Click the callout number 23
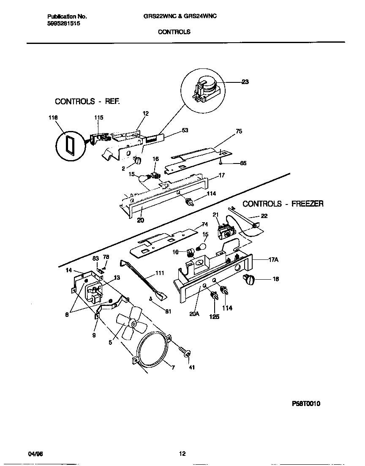[245, 82]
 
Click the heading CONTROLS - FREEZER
[283, 204]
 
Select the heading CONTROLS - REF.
[87, 101]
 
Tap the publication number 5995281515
[63, 24]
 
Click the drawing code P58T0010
[306, 403]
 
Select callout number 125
[214, 316]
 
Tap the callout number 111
[159, 273]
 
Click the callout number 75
[239, 131]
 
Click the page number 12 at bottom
[182, 454]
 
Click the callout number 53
[185, 131]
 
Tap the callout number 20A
[195, 314]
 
